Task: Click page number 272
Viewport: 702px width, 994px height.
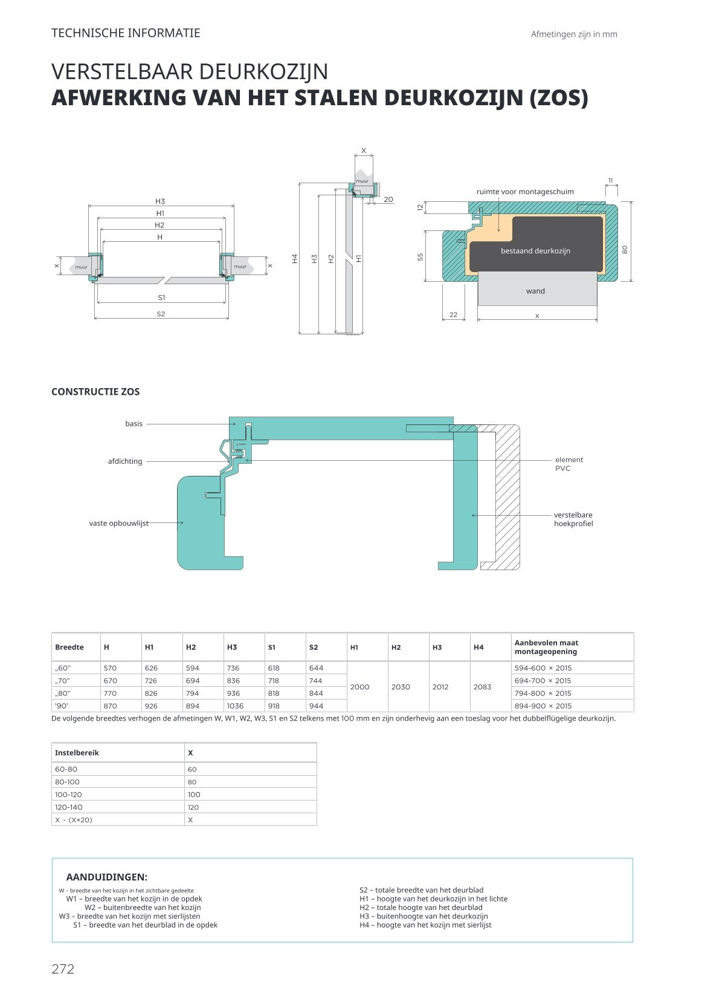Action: (x=63, y=969)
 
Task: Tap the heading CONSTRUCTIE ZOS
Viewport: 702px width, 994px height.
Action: (x=95, y=392)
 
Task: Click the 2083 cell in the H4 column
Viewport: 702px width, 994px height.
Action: (x=482, y=687)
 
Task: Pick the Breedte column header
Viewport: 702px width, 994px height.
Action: (x=69, y=647)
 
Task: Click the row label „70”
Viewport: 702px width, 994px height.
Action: (x=63, y=681)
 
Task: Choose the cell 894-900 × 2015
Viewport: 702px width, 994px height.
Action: (x=543, y=706)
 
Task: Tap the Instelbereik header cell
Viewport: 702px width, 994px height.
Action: (x=77, y=753)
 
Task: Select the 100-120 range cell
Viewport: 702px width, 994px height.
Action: (x=68, y=794)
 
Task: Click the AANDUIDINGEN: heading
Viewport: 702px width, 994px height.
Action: (x=107, y=877)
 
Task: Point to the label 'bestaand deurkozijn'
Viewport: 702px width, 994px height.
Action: (x=535, y=251)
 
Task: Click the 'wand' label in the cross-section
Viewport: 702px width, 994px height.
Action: (x=535, y=291)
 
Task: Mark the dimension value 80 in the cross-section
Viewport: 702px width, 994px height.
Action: (x=625, y=248)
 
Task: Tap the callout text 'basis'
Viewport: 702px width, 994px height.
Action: (x=134, y=424)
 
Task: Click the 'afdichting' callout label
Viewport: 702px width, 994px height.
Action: (x=125, y=461)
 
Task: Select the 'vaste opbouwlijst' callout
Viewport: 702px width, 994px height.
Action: (x=119, y=523)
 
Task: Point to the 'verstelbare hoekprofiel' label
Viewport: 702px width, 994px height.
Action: (x=573, y=519)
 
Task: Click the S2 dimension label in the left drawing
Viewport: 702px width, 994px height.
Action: (x=161, y=314)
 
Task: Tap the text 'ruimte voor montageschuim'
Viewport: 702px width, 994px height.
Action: (x=525, y=192)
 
